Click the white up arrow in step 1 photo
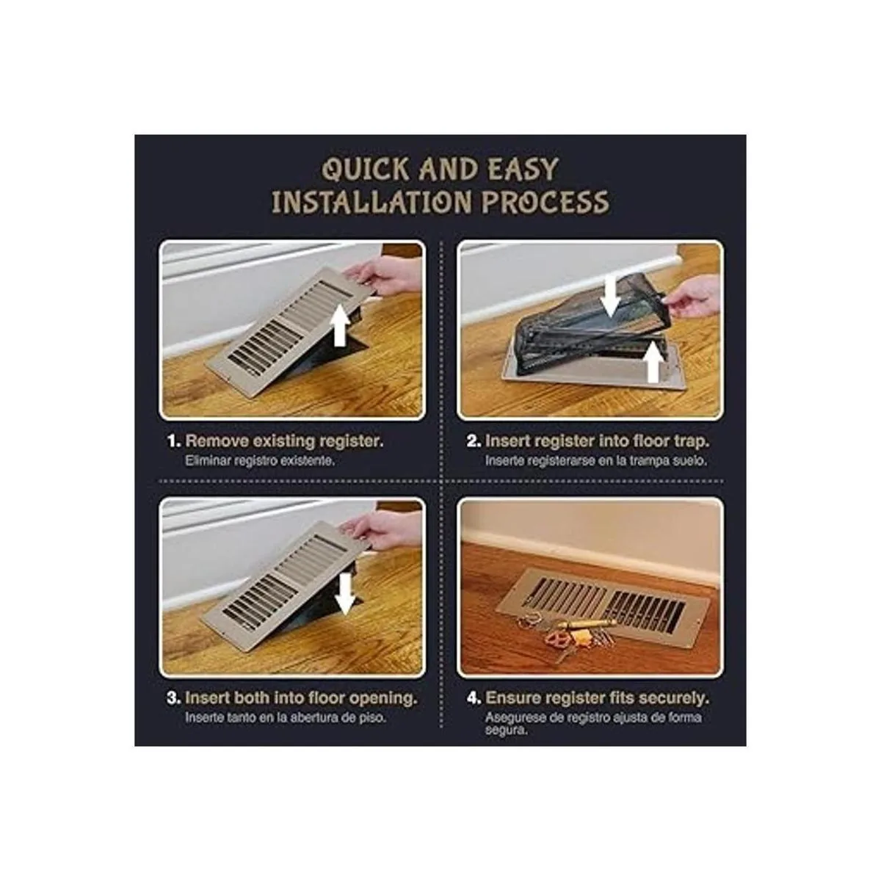(339, 325)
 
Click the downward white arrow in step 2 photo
(610, 297)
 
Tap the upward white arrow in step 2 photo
(654, 362)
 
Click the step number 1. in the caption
(174, 442)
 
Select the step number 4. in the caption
(474, 699)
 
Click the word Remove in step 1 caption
(217, 442)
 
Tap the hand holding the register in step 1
(383, 277)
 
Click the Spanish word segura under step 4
(506, 730)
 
